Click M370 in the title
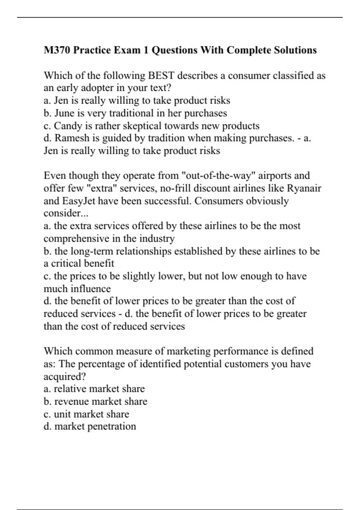coord(57,50)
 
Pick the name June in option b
coord(64,113)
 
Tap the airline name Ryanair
coord(304,188)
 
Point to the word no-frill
coord(177,188)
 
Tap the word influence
coord(91,289)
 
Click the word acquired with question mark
coord(64,376)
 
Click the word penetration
coord(112,426)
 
